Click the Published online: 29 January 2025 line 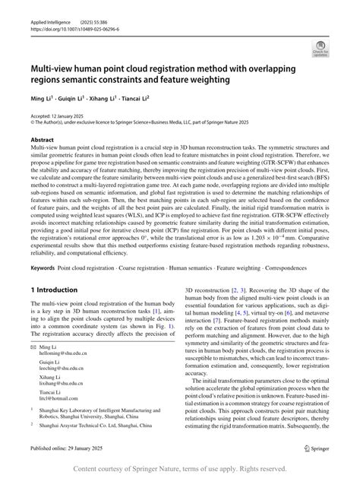68,449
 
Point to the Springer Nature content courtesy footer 180,468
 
